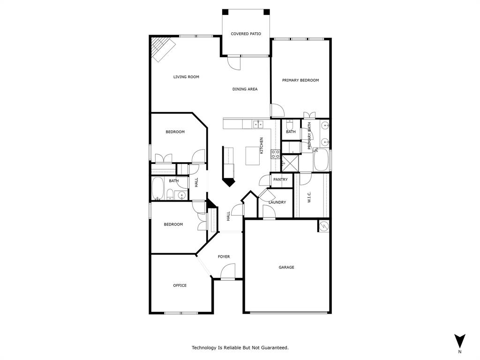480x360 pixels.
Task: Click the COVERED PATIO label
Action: (246, 34)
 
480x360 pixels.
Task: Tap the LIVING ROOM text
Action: (186, 77)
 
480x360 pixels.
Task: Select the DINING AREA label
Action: (245, 89)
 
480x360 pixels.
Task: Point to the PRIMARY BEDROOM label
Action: (300, 80)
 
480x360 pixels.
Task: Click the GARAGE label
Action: (286, 267)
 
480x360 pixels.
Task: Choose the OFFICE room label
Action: (180, 285)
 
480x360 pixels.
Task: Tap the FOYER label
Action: (224, 256)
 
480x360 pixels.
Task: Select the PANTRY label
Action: (280, 180)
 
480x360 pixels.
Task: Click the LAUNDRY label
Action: (277, 202)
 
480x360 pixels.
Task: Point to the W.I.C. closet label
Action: (309, 197)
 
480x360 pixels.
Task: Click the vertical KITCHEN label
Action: (262, 145)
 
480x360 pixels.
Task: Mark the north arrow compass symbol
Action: (460, 341)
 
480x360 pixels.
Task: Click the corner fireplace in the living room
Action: (162, 48)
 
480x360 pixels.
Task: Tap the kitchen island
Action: (253, 155)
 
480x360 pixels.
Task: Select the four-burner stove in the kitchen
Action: (275, 154)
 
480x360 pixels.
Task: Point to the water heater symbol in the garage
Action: (324, 226)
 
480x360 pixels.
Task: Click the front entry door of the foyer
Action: (228, 272)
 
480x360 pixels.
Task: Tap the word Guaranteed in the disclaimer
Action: (274, 348)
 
